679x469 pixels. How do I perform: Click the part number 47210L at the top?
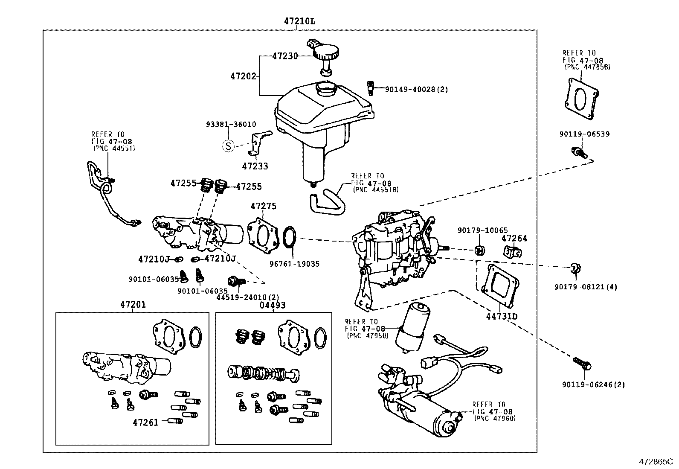(300, 21)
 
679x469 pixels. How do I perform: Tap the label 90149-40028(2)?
(416, 90)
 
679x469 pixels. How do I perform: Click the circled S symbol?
(229, 146)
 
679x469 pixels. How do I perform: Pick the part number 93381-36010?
(231, 124)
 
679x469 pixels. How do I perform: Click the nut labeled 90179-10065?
(479, 249)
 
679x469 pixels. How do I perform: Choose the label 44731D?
(502, 316)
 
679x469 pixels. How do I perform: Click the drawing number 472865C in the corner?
(655, 462)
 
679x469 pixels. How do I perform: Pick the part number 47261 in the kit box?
(145, 422)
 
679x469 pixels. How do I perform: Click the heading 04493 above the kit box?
(272, 305)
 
